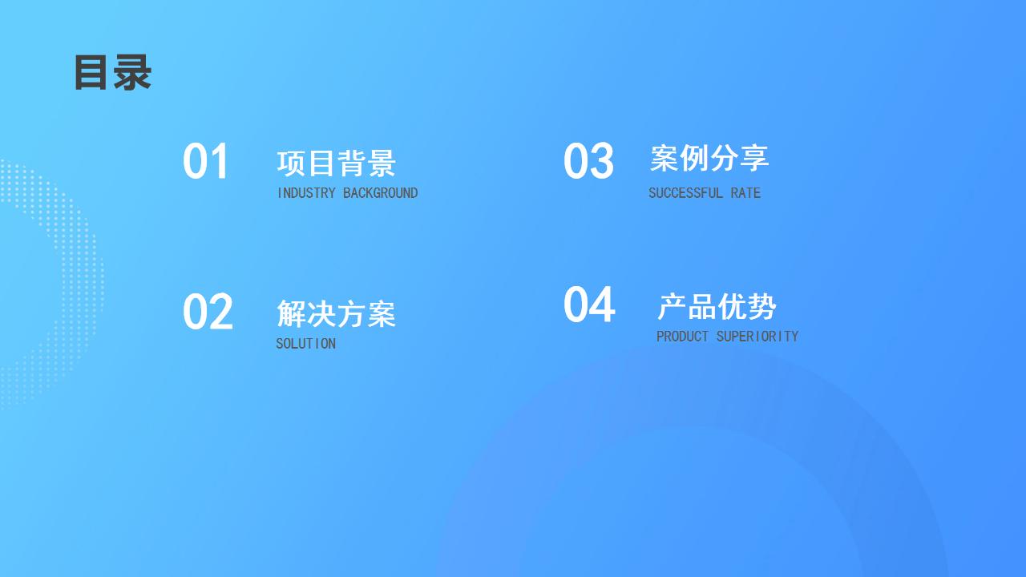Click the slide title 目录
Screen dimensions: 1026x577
pyautogui.click(x=113, y=72)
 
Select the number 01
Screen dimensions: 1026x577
pyautogui.click(x=205, y=161)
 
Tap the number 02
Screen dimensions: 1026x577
pyautogui.click(x=208, y=312)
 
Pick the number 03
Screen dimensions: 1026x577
pyautogui.click(x=588, y=161)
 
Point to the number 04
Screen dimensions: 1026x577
pyautogui.click(x=589, y=304)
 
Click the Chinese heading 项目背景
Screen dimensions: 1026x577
pyautogui.click(x=336, y=163)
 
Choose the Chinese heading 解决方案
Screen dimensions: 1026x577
pyautogui.click(x=336, y=313)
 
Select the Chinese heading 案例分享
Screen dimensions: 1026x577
pyautogui.click(x=709, y=158)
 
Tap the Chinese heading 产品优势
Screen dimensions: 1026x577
pyautogui.click(x=717, y=306)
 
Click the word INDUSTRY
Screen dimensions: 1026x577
pyautogui.click(x=306, y=193)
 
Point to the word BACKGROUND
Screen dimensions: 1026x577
pyautogui.click(x=380, y=193)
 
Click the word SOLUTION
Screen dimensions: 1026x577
pyautogui.click(x=305, y=344)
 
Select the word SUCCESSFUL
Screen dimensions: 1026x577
pyautogui.click(x=685, y=193)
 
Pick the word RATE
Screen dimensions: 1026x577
pyautogui.click(x=745, y=193)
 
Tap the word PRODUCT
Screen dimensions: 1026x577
pyautogui.click(x=682, y=337)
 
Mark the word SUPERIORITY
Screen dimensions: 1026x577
pyautogui.click(x=757, y=337)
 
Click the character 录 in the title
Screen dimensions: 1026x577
pyautogui.click(x=132, y=72)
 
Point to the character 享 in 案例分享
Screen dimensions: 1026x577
pyautogui.click(x=755, y=158)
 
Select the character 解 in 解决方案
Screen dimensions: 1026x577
pyautogui.click(x=291, y=313)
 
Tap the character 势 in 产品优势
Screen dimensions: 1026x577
pyautogui.click(x=762, y=306)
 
